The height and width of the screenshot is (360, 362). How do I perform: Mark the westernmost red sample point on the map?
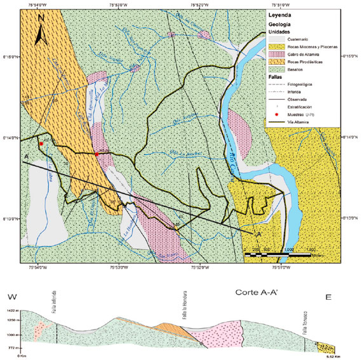41,144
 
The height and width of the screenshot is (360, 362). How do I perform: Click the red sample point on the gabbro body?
97,154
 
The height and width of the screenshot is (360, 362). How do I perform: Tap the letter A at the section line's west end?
25,156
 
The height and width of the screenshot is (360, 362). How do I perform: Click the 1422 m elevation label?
11,310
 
